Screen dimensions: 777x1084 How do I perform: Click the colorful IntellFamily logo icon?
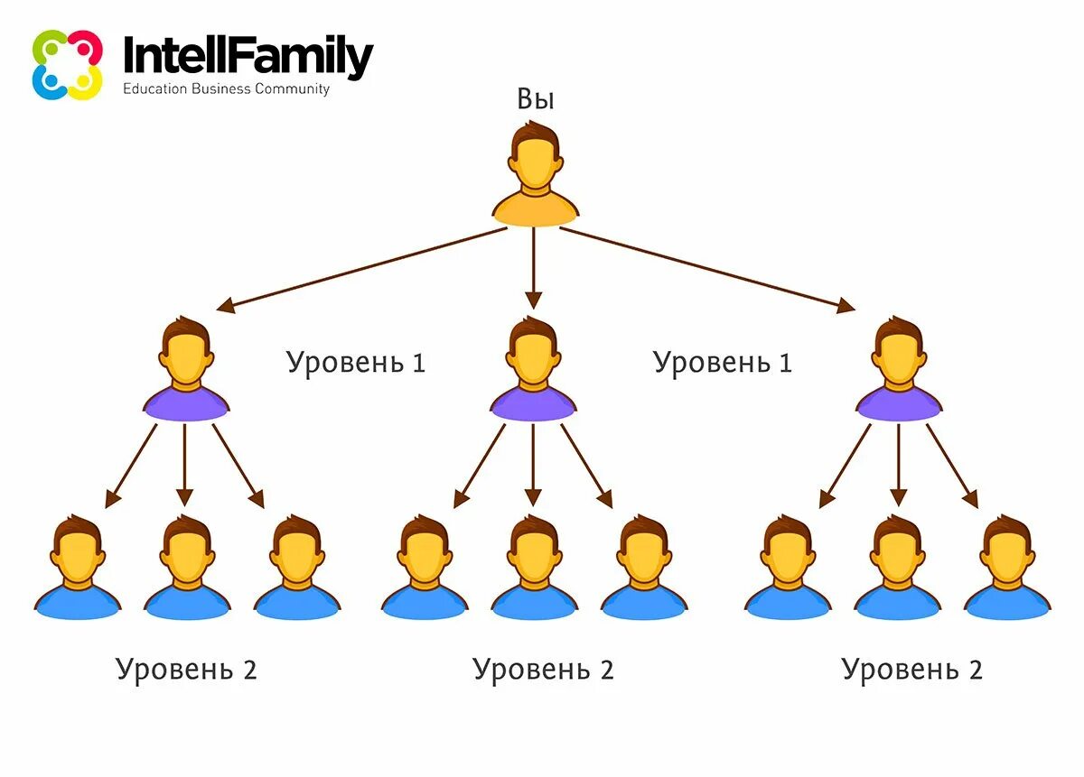(67, 65)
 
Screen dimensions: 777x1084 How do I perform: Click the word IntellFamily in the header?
(248, 57)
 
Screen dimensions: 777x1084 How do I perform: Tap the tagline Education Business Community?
(226, 89)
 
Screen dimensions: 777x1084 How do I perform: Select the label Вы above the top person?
(535, 99)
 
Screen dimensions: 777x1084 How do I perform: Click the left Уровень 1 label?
(356, 363)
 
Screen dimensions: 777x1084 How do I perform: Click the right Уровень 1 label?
(723, 363)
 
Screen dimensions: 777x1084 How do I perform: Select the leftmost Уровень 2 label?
(186, 670)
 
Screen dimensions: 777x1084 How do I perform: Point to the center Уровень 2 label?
(543, 670)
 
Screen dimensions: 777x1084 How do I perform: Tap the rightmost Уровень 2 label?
(911, 670)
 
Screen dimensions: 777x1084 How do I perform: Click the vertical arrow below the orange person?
(534, 267)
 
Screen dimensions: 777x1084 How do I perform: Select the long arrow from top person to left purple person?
(361, 269)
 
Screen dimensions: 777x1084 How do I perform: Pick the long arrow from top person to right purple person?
(706, 269)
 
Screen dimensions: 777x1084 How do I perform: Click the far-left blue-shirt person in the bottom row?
(77, 569)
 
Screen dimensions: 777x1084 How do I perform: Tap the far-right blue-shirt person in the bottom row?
(1007, 569)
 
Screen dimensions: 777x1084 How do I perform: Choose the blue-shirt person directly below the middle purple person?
(534, 569)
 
